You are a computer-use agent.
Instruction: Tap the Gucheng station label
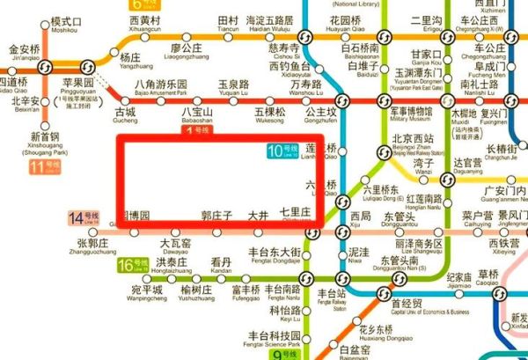click(x=126, y=117)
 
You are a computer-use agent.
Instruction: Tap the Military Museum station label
click(x=412, y=116)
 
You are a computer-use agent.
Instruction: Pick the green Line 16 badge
click(x=132, y=264)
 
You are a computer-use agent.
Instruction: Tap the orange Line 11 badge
click(x=40, y=165)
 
